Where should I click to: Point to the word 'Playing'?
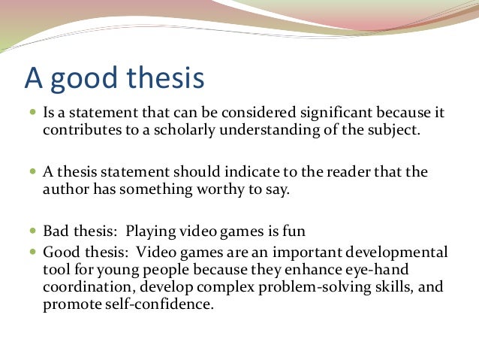coord(150,231)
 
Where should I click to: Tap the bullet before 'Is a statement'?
coord(32,114)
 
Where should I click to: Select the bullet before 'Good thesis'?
coord(32,251)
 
